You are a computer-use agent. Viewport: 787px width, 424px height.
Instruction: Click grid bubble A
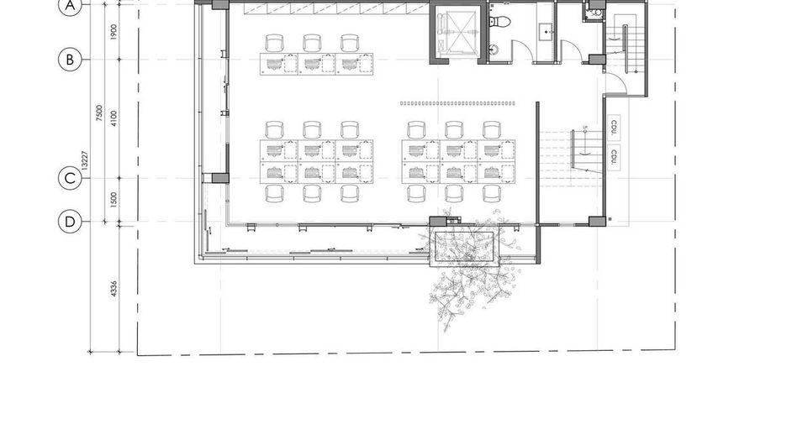coord(70,6)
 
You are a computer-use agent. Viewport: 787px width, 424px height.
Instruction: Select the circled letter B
coord(70,60)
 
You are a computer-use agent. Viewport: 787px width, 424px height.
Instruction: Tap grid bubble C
coord(70,179)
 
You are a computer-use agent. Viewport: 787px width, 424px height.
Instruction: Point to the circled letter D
coord(70,222)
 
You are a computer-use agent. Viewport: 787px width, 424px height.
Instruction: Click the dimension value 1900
coord(114,32)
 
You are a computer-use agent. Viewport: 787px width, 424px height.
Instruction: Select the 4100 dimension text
coord(114,118)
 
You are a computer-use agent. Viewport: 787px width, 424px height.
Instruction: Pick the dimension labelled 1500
coord(114,200)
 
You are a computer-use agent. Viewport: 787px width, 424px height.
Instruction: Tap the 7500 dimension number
coord(99,113)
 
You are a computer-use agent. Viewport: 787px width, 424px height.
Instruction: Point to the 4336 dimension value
coord(114,289)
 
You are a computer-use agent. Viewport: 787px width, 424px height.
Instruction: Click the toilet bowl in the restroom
coord(499,20)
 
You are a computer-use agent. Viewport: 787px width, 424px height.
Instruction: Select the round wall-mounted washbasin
coord(494,49)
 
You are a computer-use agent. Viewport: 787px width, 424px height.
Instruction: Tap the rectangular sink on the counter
coord(546,32)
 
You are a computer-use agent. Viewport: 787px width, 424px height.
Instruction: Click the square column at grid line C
coord(219,178)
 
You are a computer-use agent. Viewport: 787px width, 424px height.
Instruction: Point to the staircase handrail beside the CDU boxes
coord(573,149)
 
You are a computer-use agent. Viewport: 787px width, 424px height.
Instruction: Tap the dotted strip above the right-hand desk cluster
coord(457,103)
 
